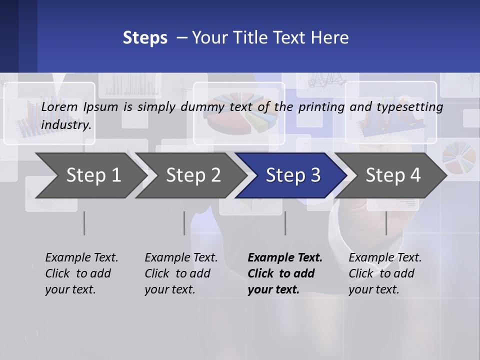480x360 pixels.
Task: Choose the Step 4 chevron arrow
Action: [393, 175]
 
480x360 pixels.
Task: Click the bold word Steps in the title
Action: [145, 38]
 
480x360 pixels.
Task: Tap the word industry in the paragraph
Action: [66, 124]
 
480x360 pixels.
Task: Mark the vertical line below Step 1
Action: [84, 223]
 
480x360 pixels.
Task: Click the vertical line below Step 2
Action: [184, 223]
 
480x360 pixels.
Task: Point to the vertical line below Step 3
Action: [285, 223]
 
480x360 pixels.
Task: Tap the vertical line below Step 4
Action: [386, 223]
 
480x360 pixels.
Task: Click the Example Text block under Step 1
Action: [81, 273]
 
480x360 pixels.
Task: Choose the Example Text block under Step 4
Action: [384, 273]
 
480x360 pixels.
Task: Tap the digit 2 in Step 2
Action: [215, 175]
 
